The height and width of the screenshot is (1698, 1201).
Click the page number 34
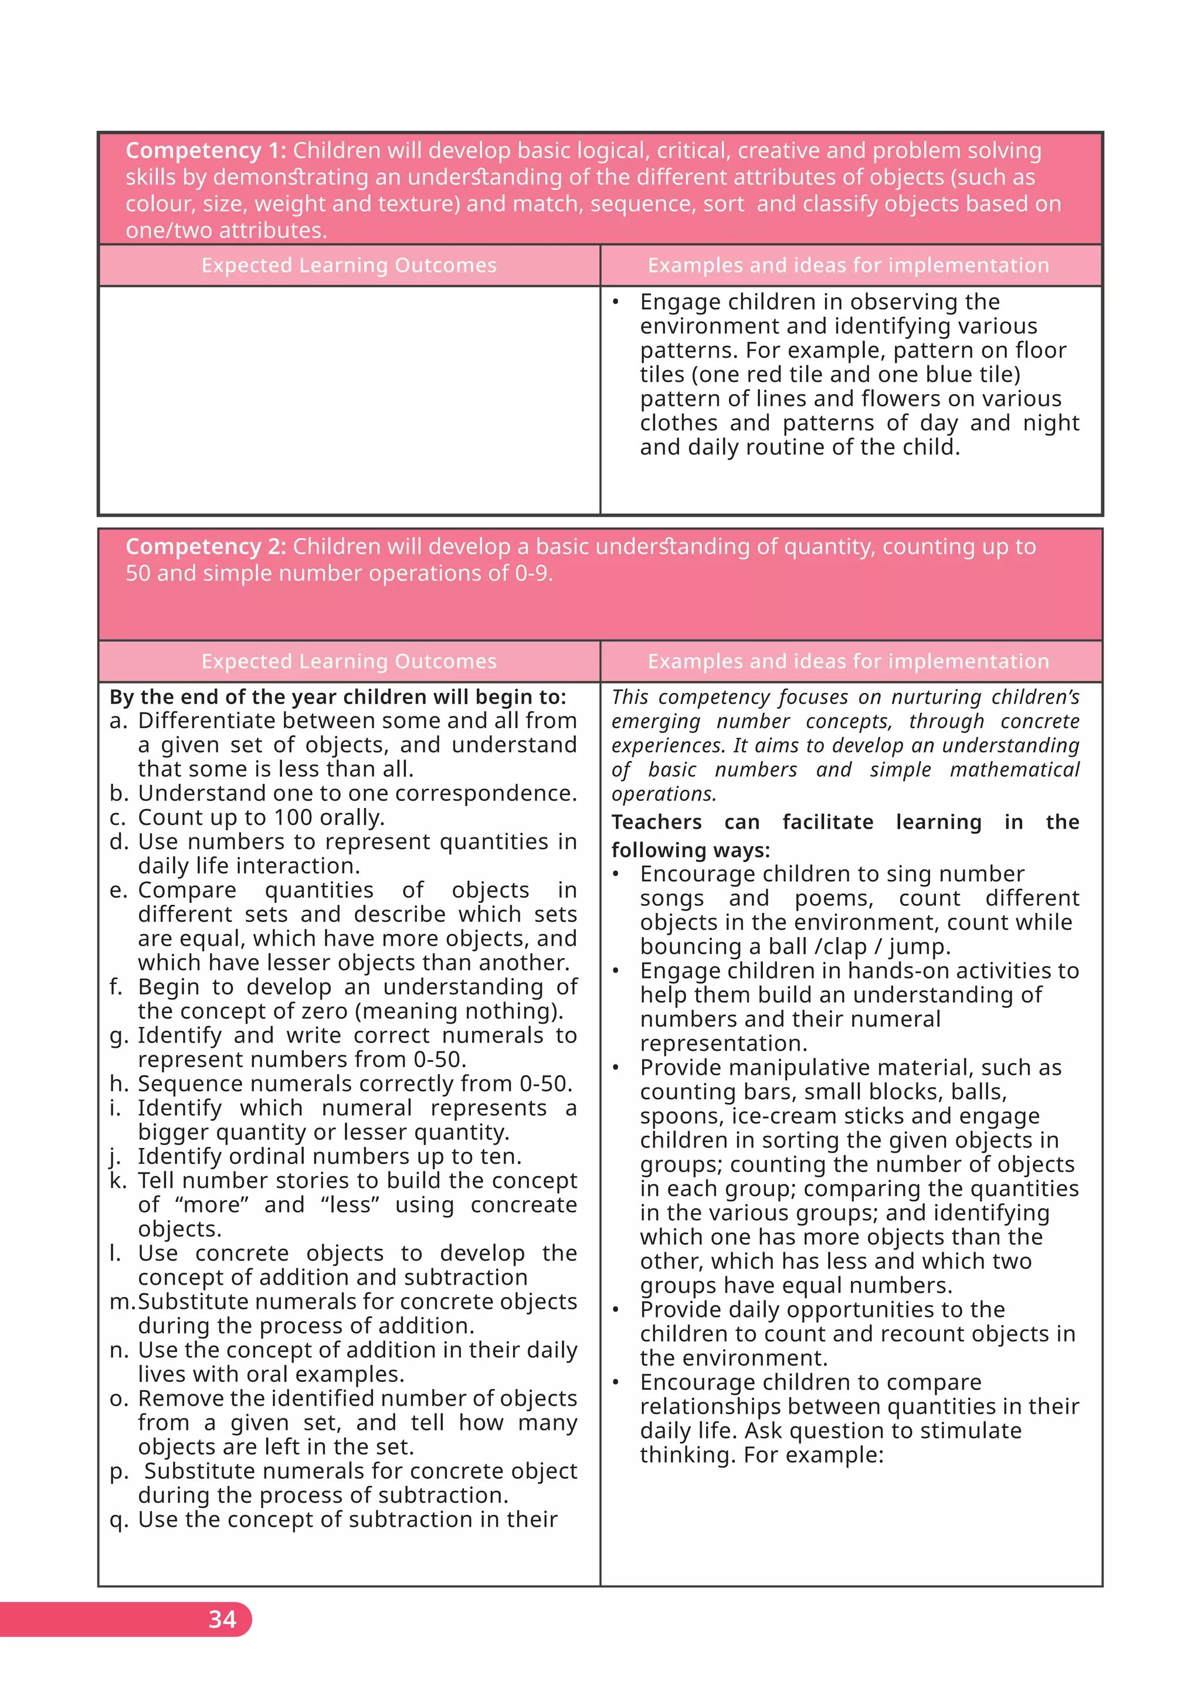coord(222,1619)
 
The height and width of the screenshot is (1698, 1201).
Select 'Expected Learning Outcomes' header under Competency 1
coord(349,266)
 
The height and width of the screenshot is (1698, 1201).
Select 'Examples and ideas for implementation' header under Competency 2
coord(848,661)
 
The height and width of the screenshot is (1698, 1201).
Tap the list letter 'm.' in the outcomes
coord(121,1302)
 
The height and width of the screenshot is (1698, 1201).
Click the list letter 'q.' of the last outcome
coord(119,1519)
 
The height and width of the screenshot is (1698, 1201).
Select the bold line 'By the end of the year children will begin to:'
coord(337,697)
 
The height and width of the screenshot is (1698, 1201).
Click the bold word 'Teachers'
coord(656,823)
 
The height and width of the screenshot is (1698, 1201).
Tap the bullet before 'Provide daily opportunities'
coord(615,1310)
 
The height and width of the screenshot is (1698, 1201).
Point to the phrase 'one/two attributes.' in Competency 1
coord(226,231)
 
